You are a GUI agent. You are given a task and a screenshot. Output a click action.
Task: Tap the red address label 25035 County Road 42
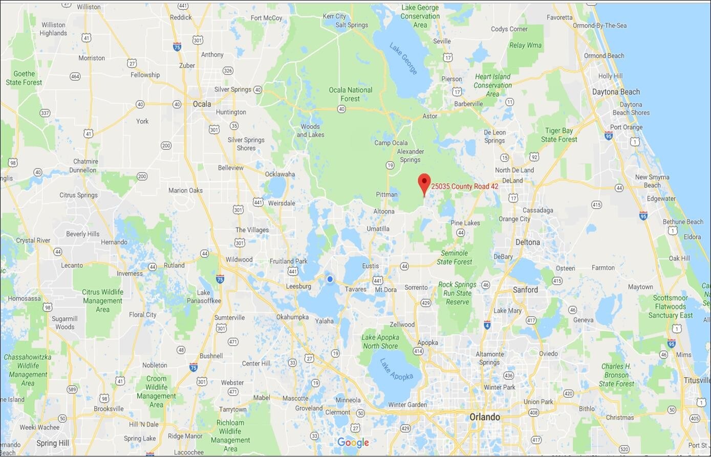pos(464,187)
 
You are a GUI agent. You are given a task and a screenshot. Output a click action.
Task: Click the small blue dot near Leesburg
pos(330,279)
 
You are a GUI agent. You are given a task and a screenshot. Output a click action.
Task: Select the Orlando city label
pos(485,417)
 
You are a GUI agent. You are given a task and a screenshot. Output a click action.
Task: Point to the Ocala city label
pos(202,104)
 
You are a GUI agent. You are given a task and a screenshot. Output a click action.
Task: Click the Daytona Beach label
pos(616,92)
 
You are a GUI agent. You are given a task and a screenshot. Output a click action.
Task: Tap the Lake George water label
pos(403,59)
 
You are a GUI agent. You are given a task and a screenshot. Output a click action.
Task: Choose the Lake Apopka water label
pos(396,369)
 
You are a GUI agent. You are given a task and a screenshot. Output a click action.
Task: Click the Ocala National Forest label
pos(350,94)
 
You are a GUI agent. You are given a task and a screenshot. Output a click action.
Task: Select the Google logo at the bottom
pos(353,443)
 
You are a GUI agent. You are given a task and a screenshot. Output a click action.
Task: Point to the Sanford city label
pos(525,290)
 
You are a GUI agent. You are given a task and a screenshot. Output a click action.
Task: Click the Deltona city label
pos(527,242)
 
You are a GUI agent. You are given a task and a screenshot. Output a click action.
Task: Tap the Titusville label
pos(696,380)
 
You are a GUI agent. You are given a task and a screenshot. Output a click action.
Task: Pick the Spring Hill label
pos(53,443)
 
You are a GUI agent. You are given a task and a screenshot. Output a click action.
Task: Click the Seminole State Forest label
pos(455,258)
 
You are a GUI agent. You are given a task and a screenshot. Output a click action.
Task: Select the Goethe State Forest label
pos(24,78)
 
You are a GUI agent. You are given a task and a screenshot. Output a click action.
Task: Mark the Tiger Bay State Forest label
pos(559,135)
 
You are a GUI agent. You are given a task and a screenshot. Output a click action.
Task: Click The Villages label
pos(252,230)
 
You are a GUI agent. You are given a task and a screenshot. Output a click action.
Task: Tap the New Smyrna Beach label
pos(652,181)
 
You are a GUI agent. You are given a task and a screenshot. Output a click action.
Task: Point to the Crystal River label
pos(33,240)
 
